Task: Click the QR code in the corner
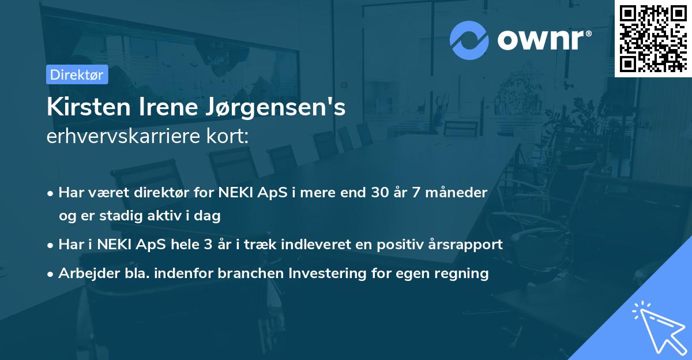click(653, 38)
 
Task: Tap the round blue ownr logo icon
click(469, 40)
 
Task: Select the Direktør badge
click(77, 74)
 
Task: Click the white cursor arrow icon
click(657, 328)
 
